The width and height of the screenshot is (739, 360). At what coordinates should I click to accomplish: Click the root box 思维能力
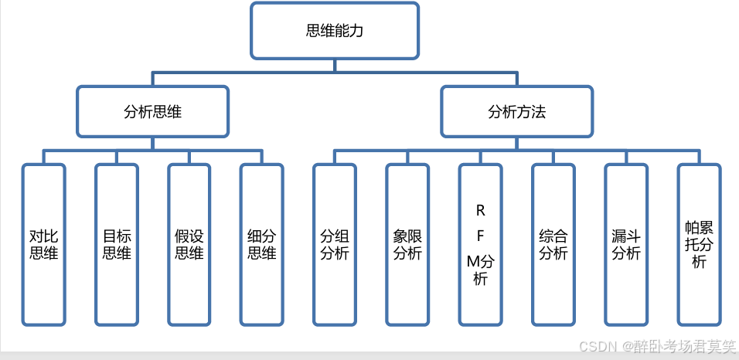pos(335,31)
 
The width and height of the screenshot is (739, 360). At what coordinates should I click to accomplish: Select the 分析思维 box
pos(152,112)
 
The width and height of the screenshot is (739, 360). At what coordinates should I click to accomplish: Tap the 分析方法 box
pos(516,112)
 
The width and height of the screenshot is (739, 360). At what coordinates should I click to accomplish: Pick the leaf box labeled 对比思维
pos(44,243)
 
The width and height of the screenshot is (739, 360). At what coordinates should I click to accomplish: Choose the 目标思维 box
pos(117,243)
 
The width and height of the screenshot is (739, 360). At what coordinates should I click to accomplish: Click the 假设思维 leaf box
pos(189,243)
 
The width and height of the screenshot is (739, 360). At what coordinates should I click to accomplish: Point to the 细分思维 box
pos(262,243)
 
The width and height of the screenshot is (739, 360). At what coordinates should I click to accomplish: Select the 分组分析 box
pos(335,243)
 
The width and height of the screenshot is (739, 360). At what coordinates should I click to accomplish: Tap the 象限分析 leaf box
pos(407,243)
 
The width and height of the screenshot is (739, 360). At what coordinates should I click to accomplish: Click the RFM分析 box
pos(480,243)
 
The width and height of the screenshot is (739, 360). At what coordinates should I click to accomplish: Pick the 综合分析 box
pos(553,243)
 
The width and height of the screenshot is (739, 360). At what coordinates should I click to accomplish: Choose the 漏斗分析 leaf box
pos(626,243)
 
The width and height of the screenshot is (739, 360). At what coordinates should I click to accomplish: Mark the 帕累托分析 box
pos(699,243)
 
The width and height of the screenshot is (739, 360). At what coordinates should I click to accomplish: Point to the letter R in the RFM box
pos(481,210)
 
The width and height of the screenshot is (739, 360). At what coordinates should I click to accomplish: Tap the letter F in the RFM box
pos(481,235)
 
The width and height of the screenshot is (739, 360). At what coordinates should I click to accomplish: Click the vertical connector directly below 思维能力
pos(335,66)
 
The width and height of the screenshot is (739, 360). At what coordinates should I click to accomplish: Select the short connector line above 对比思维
pos(44,157)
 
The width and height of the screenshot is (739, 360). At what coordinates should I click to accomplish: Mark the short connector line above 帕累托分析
pos(699,157)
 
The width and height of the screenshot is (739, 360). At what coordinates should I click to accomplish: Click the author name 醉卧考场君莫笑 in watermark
pos(678,347)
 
